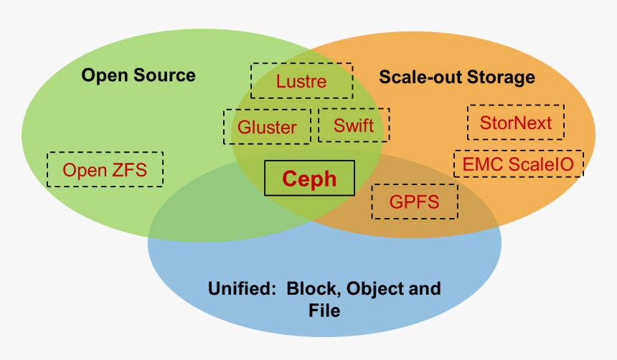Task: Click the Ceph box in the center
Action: pyautogui.click(x=309, y=178)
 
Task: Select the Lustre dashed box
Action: pyautogui.click(x=301, y=81)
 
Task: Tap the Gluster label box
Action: pyautogui.click(x=267, y=127)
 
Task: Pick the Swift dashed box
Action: pyautogui.click(x=354, y=125)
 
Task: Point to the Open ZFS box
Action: pyautogui.click(x=105, y=169)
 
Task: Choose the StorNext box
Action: pyautogui.click(x=516, y=123)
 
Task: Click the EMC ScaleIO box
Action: pyautogui.click(x=518, y=164)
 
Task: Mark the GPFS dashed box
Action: pyautogui.click(x=414, y=202)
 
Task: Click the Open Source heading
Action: pyautogui.click(x=138, y=75)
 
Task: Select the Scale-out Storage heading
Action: pyautogui.click(x=457, y=77)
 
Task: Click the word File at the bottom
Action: pyautogui.click(x=324, y=311)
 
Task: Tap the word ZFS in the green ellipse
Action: pyautogui.click(x=129, y=169)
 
